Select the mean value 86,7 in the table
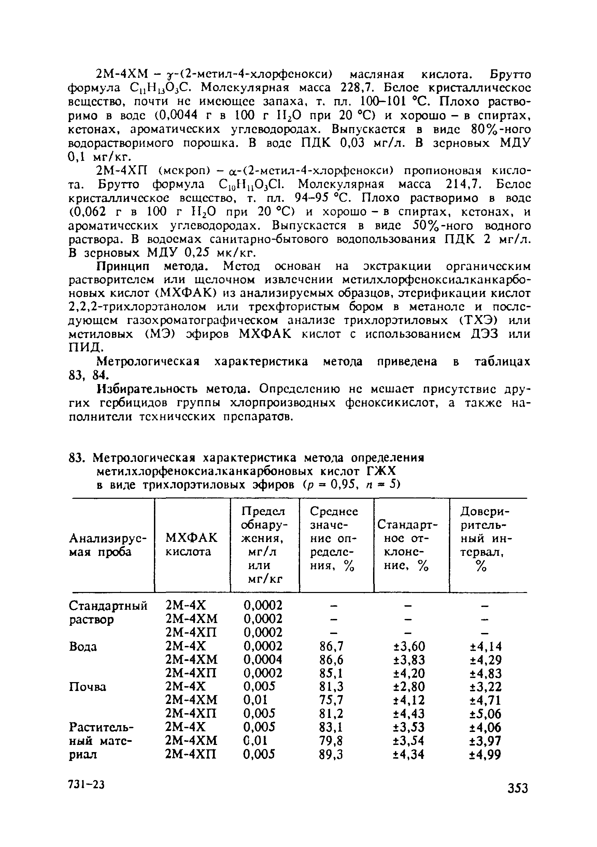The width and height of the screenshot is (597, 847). click(331, 646)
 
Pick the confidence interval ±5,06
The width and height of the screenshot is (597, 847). click(485, 714)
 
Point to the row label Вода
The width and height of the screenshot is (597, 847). click(83, 646)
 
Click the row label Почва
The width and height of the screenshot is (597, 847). click(87, 687)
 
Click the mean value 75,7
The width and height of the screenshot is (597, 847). click(331, 700)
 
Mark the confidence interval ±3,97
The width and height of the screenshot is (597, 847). click(485, 741)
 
